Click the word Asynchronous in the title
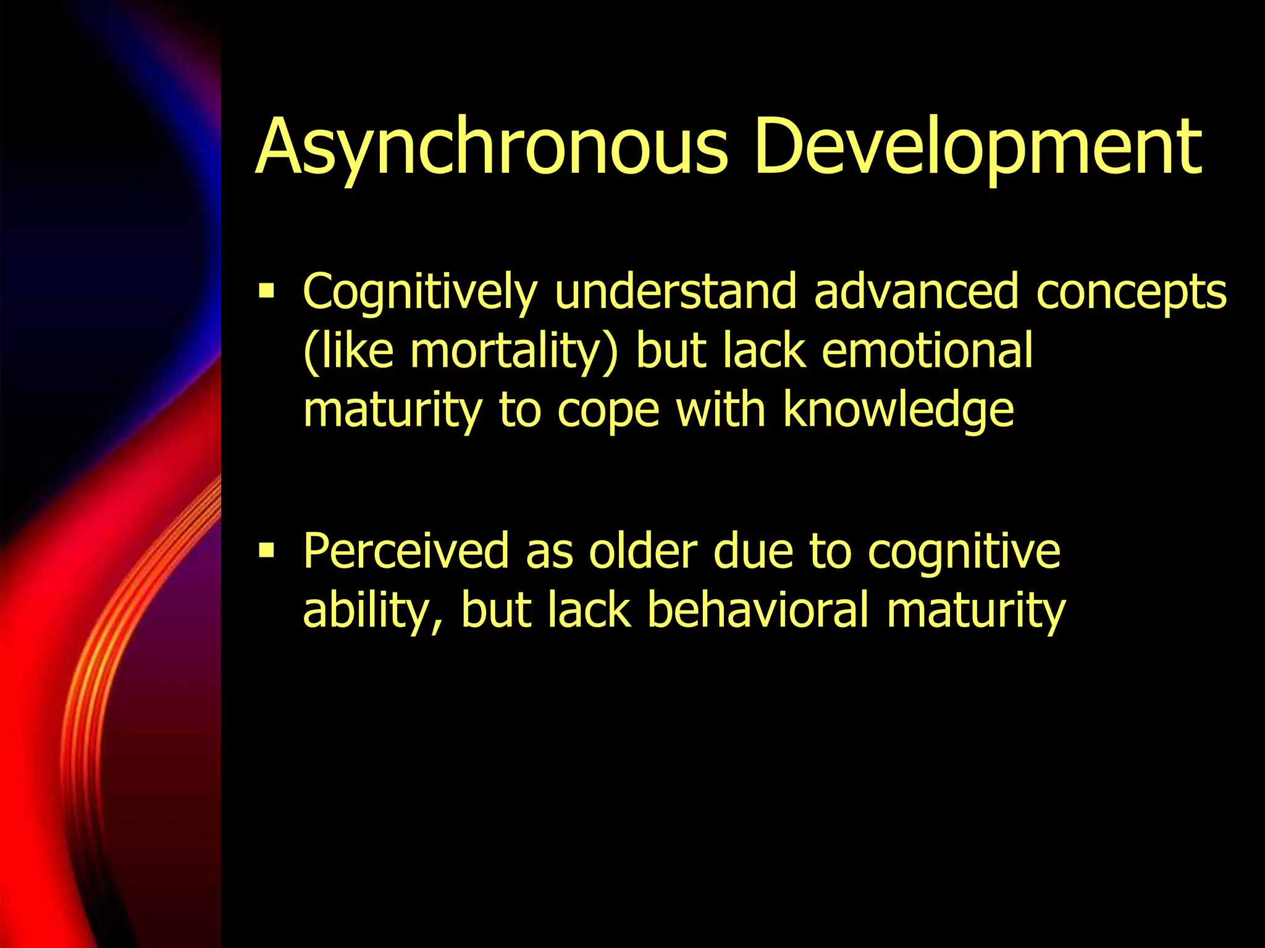coord(492,148)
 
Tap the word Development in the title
coord(978,148)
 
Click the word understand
coord(676,291)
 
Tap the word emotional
coord(927,351)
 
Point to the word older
coord(642,551)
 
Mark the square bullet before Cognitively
coord(267,289)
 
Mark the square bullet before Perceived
coord(267,549)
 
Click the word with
coord(721,410)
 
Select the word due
coord(753,551)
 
